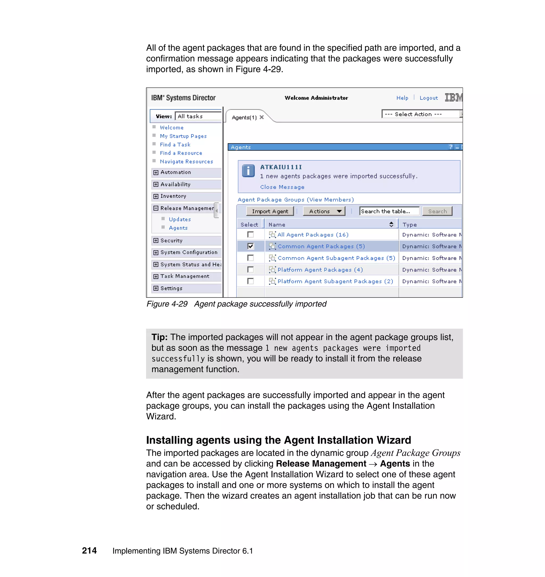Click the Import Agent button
pyautogui.click(x=270, y=211)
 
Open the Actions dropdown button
pyautogui.click(x=324, y=211)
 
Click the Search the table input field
pyautogui.click(x=389, y=211)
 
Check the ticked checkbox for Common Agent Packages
pyautogui.click(x=250, y=246)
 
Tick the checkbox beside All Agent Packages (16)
pyautogui.click(x=250, y=234)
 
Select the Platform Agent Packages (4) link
pyautogui.click(x=320, y=270)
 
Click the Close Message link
pyautogui.click(x=282, y=187)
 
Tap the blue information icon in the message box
pyautogui.click(x=248, y=171)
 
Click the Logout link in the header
pyautogui.click(x=428, y=98)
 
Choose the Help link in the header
pyautogui.click(x=402, y=98)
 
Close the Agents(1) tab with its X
pyautogui.click(x=262, y=117)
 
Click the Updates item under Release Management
pyautogui.click(x=180, y=219)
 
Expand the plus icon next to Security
pyautogui.click(x=156, y=241)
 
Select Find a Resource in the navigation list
pyautogui.click(x=181, y=153)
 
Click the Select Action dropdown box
pyautogui.click(x=421, y=114)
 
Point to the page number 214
pyautogui.click(x=89, y=551)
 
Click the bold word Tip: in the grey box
pyautogui.click(x=159, y=337)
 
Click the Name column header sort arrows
pyautogui.click(x=391, y=224)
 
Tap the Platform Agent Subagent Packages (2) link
pyautogui.click(x=335, y=281)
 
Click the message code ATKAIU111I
pyautogui.click(x=281, y=167)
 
